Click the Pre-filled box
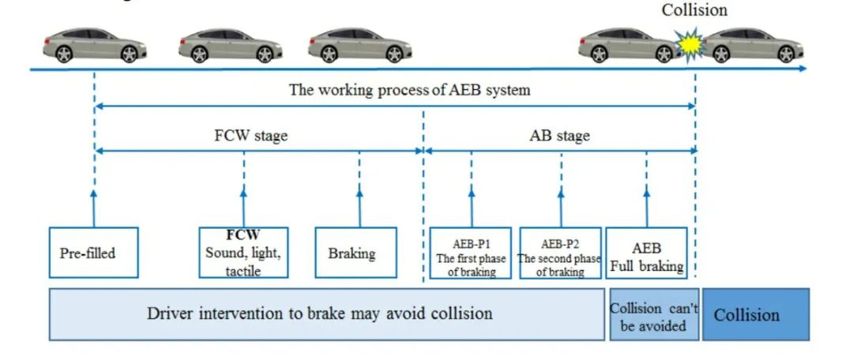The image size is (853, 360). coord(93,253)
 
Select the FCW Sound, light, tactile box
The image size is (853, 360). coord(243,253)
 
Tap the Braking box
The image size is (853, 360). coord(355,253)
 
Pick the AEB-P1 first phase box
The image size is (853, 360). coord(472,253)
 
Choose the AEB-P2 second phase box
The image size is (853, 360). coord(561,253)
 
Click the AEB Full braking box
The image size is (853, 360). coord(646,253)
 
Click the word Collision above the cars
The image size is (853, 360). coord(694,10)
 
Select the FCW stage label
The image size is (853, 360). coord(252,136)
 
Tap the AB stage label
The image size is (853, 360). coord(559,136)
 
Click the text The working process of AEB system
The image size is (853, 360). coord(409,89)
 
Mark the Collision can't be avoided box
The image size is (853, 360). coord(653,315)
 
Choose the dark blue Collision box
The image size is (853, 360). coord(756,314)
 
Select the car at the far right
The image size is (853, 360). coord(751,46)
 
